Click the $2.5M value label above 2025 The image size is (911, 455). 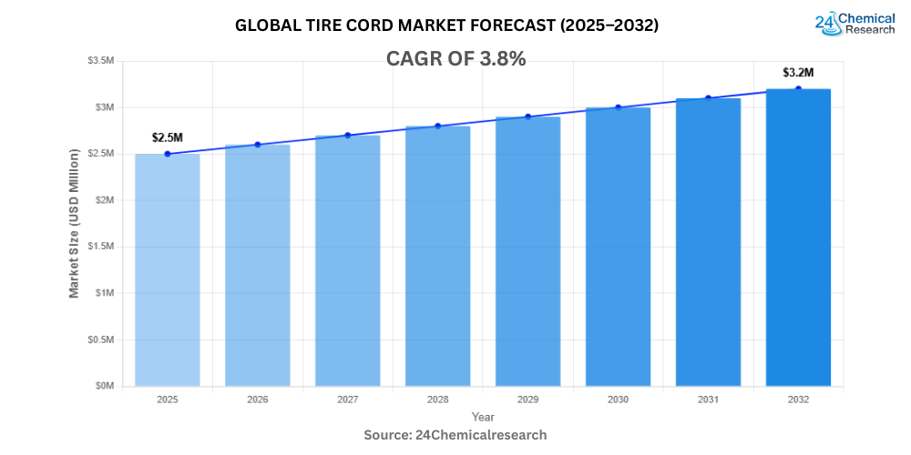[x=167, y=137]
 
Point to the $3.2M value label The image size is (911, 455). [x=798, y=72]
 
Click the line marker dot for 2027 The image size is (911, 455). [x=347, y=135]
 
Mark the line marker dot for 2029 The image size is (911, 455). [x=527, y=116]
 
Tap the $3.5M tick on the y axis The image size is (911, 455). [x=101, y=61]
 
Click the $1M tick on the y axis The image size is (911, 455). [x=105, y=293]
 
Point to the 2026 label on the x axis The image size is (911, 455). [x=257, y=399]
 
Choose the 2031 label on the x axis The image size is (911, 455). [x=708, y=399]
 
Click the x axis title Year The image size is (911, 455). [x=483, y=416]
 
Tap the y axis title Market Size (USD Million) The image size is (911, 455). [x=74, y=223]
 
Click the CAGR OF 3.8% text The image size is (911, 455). [x=455, y=59]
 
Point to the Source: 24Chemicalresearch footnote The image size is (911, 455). [x=455, y=435]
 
